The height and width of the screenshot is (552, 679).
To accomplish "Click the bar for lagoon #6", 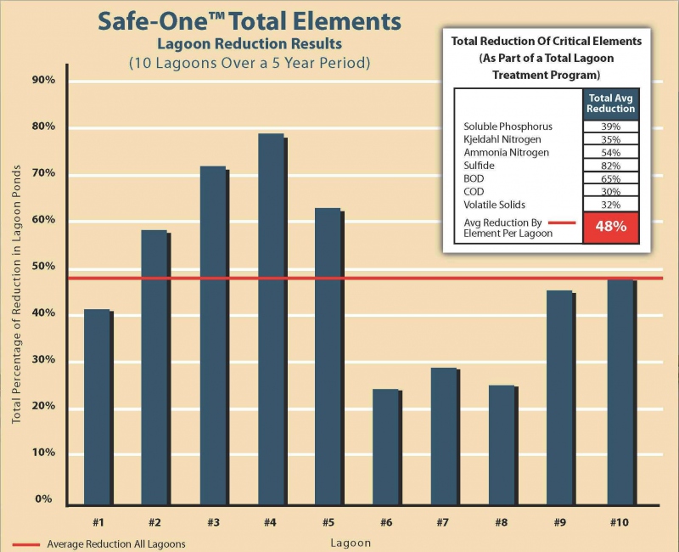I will [386, 447].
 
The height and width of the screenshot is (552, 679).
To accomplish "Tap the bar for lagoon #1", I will [98, 407].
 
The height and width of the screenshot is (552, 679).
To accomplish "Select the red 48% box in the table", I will [610, 228].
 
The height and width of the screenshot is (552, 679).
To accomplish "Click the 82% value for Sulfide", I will [610, 166].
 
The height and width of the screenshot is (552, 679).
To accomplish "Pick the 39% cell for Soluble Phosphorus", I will [610, 126].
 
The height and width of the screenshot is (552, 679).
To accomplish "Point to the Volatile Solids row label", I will [495, 205].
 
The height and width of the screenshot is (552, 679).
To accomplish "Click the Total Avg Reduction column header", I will [610, 103].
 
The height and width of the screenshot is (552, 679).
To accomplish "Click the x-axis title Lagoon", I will [349, 542].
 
